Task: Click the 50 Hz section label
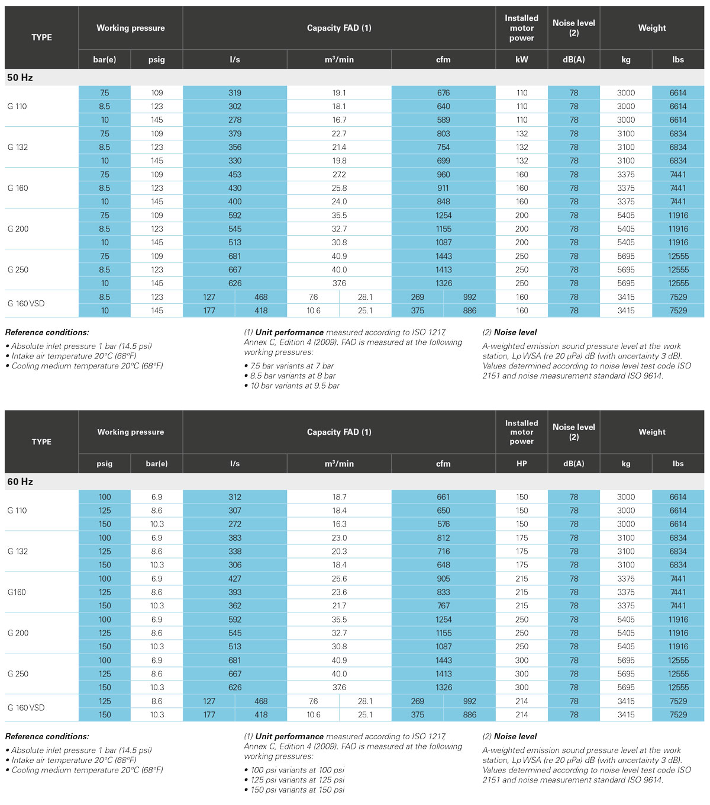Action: pos(20,78)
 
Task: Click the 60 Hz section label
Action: pos(20,482)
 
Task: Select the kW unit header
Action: pos(521,59)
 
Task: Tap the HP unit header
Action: pos(521,463)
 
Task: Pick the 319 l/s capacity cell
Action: pos(235,93)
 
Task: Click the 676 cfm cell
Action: pos(443,93)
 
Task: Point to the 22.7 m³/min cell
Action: pos(339,134)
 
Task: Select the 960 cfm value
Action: pos(443,175)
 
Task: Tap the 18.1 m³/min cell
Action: pos(339,107)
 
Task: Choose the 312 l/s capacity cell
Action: pos(235,497)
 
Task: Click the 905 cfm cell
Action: pos(443,579)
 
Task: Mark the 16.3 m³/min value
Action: pos(339,524)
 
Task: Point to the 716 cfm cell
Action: pos(443,551)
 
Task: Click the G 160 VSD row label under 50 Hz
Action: pos(26,304)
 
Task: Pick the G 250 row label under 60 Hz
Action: pos(18,674)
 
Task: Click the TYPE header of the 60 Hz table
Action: pos(41,442)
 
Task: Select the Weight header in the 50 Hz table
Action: pos(652,28)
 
